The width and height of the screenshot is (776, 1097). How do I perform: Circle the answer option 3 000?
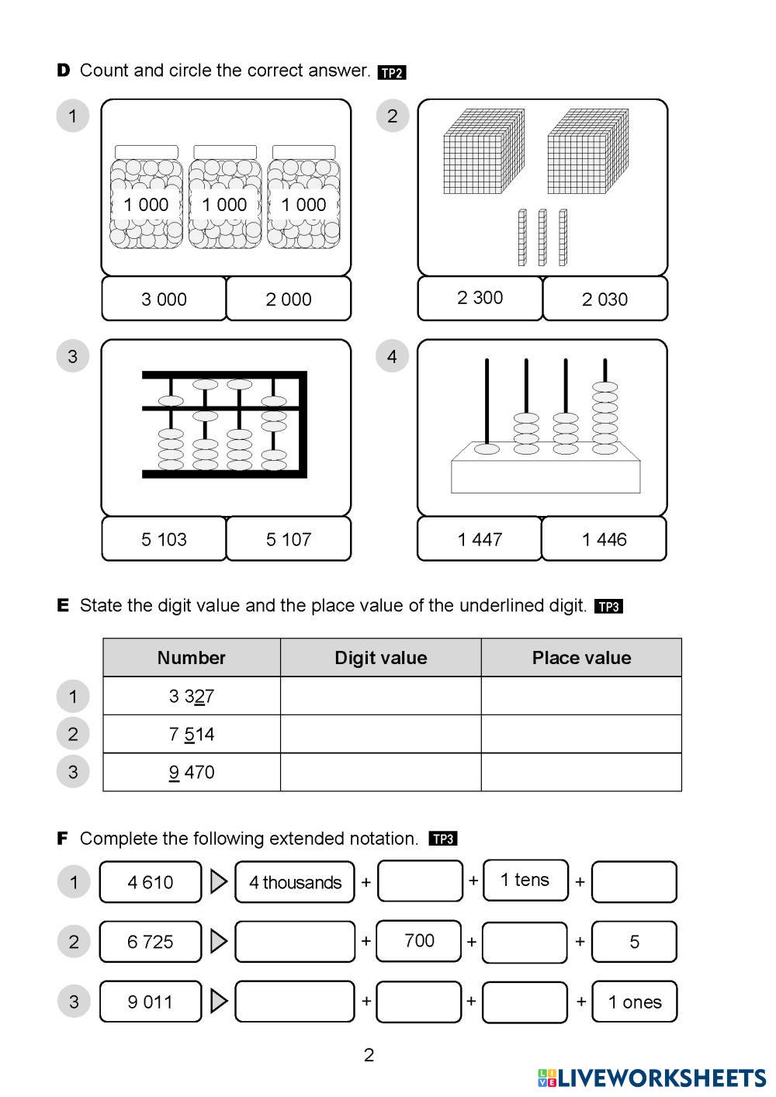pyautogui.click(x=164, y=299)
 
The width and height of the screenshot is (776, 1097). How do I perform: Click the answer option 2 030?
pyautogui.click(x=605, y=299)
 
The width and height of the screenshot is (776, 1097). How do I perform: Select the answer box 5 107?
pyautogui.click(x=289, y=539)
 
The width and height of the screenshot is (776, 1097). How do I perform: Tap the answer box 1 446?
pyautogui.click(x=604, y=539)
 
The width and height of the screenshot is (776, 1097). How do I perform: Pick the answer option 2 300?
pyautogui.click(x=480, y=298)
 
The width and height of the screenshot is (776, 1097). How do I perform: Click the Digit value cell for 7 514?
pyautogui.click(x=380, y=734)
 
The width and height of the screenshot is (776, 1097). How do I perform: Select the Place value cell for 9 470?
pyautogui.click(x=581, y=772)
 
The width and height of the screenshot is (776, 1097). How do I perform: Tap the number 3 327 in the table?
pyautogui.click(x=191, y=696)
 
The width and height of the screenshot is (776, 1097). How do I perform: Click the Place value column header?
pyautogui.click(x=581, y=658)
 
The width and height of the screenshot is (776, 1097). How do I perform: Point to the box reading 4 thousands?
pyautogui.click(x=295, y=882)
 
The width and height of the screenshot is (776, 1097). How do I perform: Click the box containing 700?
pyautogui.click(x=419, y=941)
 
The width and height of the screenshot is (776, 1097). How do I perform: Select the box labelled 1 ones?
pyautogui.click(x=634, y=1002)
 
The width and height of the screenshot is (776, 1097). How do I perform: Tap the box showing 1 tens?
pyautogui.click(x=525, y=880)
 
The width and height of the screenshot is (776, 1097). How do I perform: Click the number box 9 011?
pyautogui.click(x=151, y=1002)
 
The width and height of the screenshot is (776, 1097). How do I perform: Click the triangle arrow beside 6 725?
pyautogui.click(x=219, y=941)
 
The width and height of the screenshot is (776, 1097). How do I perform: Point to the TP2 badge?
pyautogui.click(x=392, y=73)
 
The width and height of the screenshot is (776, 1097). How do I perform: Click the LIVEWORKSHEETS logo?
pyautogui.click(x=652, y=1078)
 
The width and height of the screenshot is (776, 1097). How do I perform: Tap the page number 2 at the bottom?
pyautogui.click(x=369, y=1055)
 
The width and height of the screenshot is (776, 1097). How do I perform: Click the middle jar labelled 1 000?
pyautogui.click(x=225, y=203)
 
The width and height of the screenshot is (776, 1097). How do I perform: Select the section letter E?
pyautogui.click(x=63, y=605)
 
